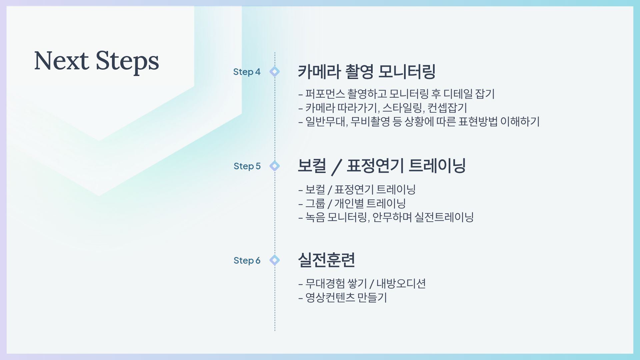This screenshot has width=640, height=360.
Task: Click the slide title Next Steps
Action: (97, 61)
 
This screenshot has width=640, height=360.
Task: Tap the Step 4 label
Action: (247, 72)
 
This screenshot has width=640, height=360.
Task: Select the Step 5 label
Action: (247, 166)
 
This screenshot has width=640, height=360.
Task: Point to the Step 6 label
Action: (247, 261)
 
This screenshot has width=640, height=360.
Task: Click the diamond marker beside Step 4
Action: (275, 72)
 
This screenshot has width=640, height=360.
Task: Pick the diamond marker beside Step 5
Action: (275, 166)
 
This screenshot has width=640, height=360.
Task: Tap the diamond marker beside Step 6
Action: (275, 260)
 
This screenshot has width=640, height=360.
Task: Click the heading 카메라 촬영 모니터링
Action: (367, 72)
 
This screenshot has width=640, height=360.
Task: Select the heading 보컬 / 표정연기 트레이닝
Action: (382, 166)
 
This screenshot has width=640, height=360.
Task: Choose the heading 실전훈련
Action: (326, 260)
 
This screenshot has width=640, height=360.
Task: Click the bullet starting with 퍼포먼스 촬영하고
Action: (397, 94)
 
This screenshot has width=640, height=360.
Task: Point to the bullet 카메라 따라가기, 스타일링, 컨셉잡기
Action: (383, 108)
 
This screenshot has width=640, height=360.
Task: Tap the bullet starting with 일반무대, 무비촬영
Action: (419, 122)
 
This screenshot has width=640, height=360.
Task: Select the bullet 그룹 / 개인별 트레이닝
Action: (352, 203)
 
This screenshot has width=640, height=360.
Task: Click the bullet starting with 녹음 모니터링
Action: (386, 217)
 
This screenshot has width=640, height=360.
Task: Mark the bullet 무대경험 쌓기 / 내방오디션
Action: (362, 284)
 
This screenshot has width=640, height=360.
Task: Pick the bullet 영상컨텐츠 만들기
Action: (343, 298)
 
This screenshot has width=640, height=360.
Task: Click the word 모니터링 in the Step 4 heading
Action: (407, 72)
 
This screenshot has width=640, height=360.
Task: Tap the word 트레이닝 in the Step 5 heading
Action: (437, 166)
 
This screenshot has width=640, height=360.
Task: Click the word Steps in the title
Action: (127, 62)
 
